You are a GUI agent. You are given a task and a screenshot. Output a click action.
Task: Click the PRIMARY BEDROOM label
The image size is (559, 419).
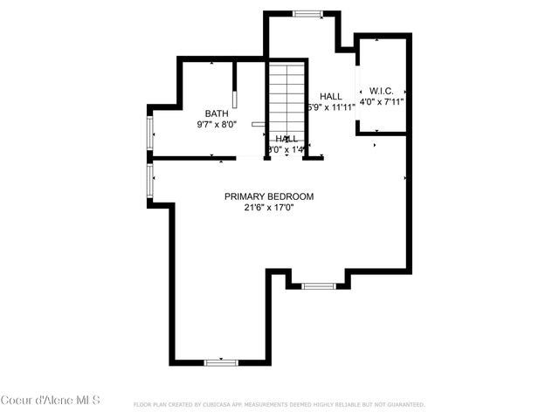[x=268, y=196]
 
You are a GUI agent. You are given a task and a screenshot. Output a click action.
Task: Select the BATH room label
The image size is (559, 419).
[x=217, y=113]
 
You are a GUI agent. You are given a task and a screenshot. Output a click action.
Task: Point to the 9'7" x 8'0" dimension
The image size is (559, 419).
[x=217, y=125]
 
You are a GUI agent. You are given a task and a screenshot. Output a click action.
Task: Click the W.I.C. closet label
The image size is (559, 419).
[x=382, y=90]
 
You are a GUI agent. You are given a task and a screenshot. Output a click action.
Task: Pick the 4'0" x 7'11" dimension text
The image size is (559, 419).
[x=382, y=102]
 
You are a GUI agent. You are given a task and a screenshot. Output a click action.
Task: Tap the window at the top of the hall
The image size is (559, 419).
[x=307, y=13]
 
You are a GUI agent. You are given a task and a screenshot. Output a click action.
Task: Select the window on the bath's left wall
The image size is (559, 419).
[x=150, y=133]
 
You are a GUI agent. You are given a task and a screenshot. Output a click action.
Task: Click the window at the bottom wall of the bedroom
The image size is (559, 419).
[x=221, y=361]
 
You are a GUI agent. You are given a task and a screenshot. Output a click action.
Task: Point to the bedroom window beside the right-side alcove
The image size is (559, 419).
[x=318, y=285]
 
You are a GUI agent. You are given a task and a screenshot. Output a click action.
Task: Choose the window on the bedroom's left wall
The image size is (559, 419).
[x=150, y=181]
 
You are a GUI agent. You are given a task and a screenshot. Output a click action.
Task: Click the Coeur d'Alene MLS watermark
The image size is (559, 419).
[x=51, y=401]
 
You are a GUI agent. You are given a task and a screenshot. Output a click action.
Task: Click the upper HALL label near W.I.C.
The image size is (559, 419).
[x=331, y=96]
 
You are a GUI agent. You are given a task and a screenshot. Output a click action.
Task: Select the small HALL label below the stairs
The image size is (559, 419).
[x=286, y=139]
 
